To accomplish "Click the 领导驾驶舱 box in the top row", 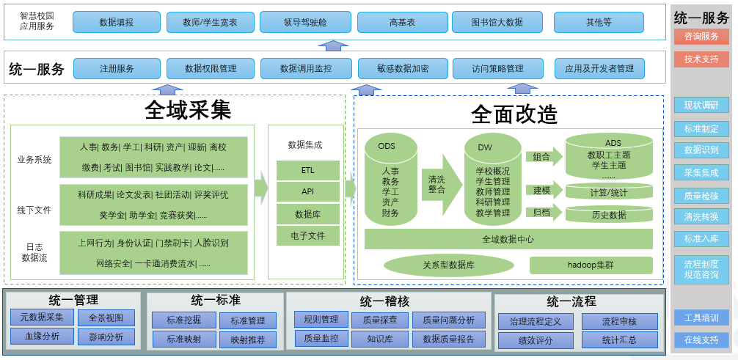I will [x=306, y=22].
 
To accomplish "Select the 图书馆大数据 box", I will [x=497, y=22].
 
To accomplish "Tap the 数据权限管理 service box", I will [x=211, y=69].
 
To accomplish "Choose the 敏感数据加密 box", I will [x=403, y=69].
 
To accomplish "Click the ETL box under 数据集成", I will [x=307, y=170].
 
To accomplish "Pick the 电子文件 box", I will [x=307, y=235].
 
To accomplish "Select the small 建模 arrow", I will [x=544, y=191].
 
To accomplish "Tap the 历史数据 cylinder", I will [x=609, y=214].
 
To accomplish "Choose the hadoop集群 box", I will [x=591, y=265].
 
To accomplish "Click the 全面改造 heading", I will [x=514, y=114].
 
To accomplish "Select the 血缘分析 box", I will [x=42, y=337].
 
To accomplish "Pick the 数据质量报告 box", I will [x=448, y=339].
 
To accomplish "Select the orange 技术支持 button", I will [x=701, y=59].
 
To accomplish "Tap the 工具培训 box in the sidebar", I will [x=701, y=317].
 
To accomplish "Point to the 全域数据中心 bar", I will [x=508, y=239].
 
